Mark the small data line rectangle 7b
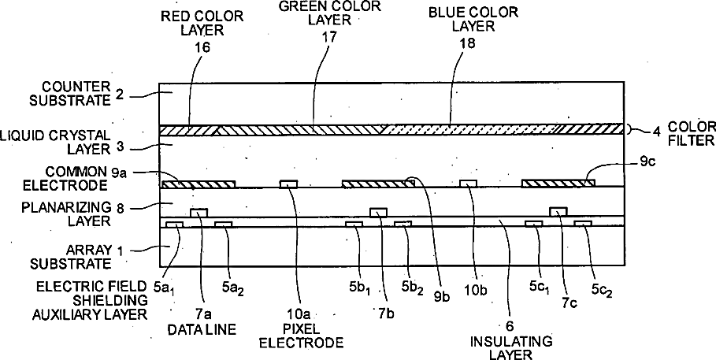point(380,211)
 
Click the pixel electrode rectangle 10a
point(290,184)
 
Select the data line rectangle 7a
point(200,212)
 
